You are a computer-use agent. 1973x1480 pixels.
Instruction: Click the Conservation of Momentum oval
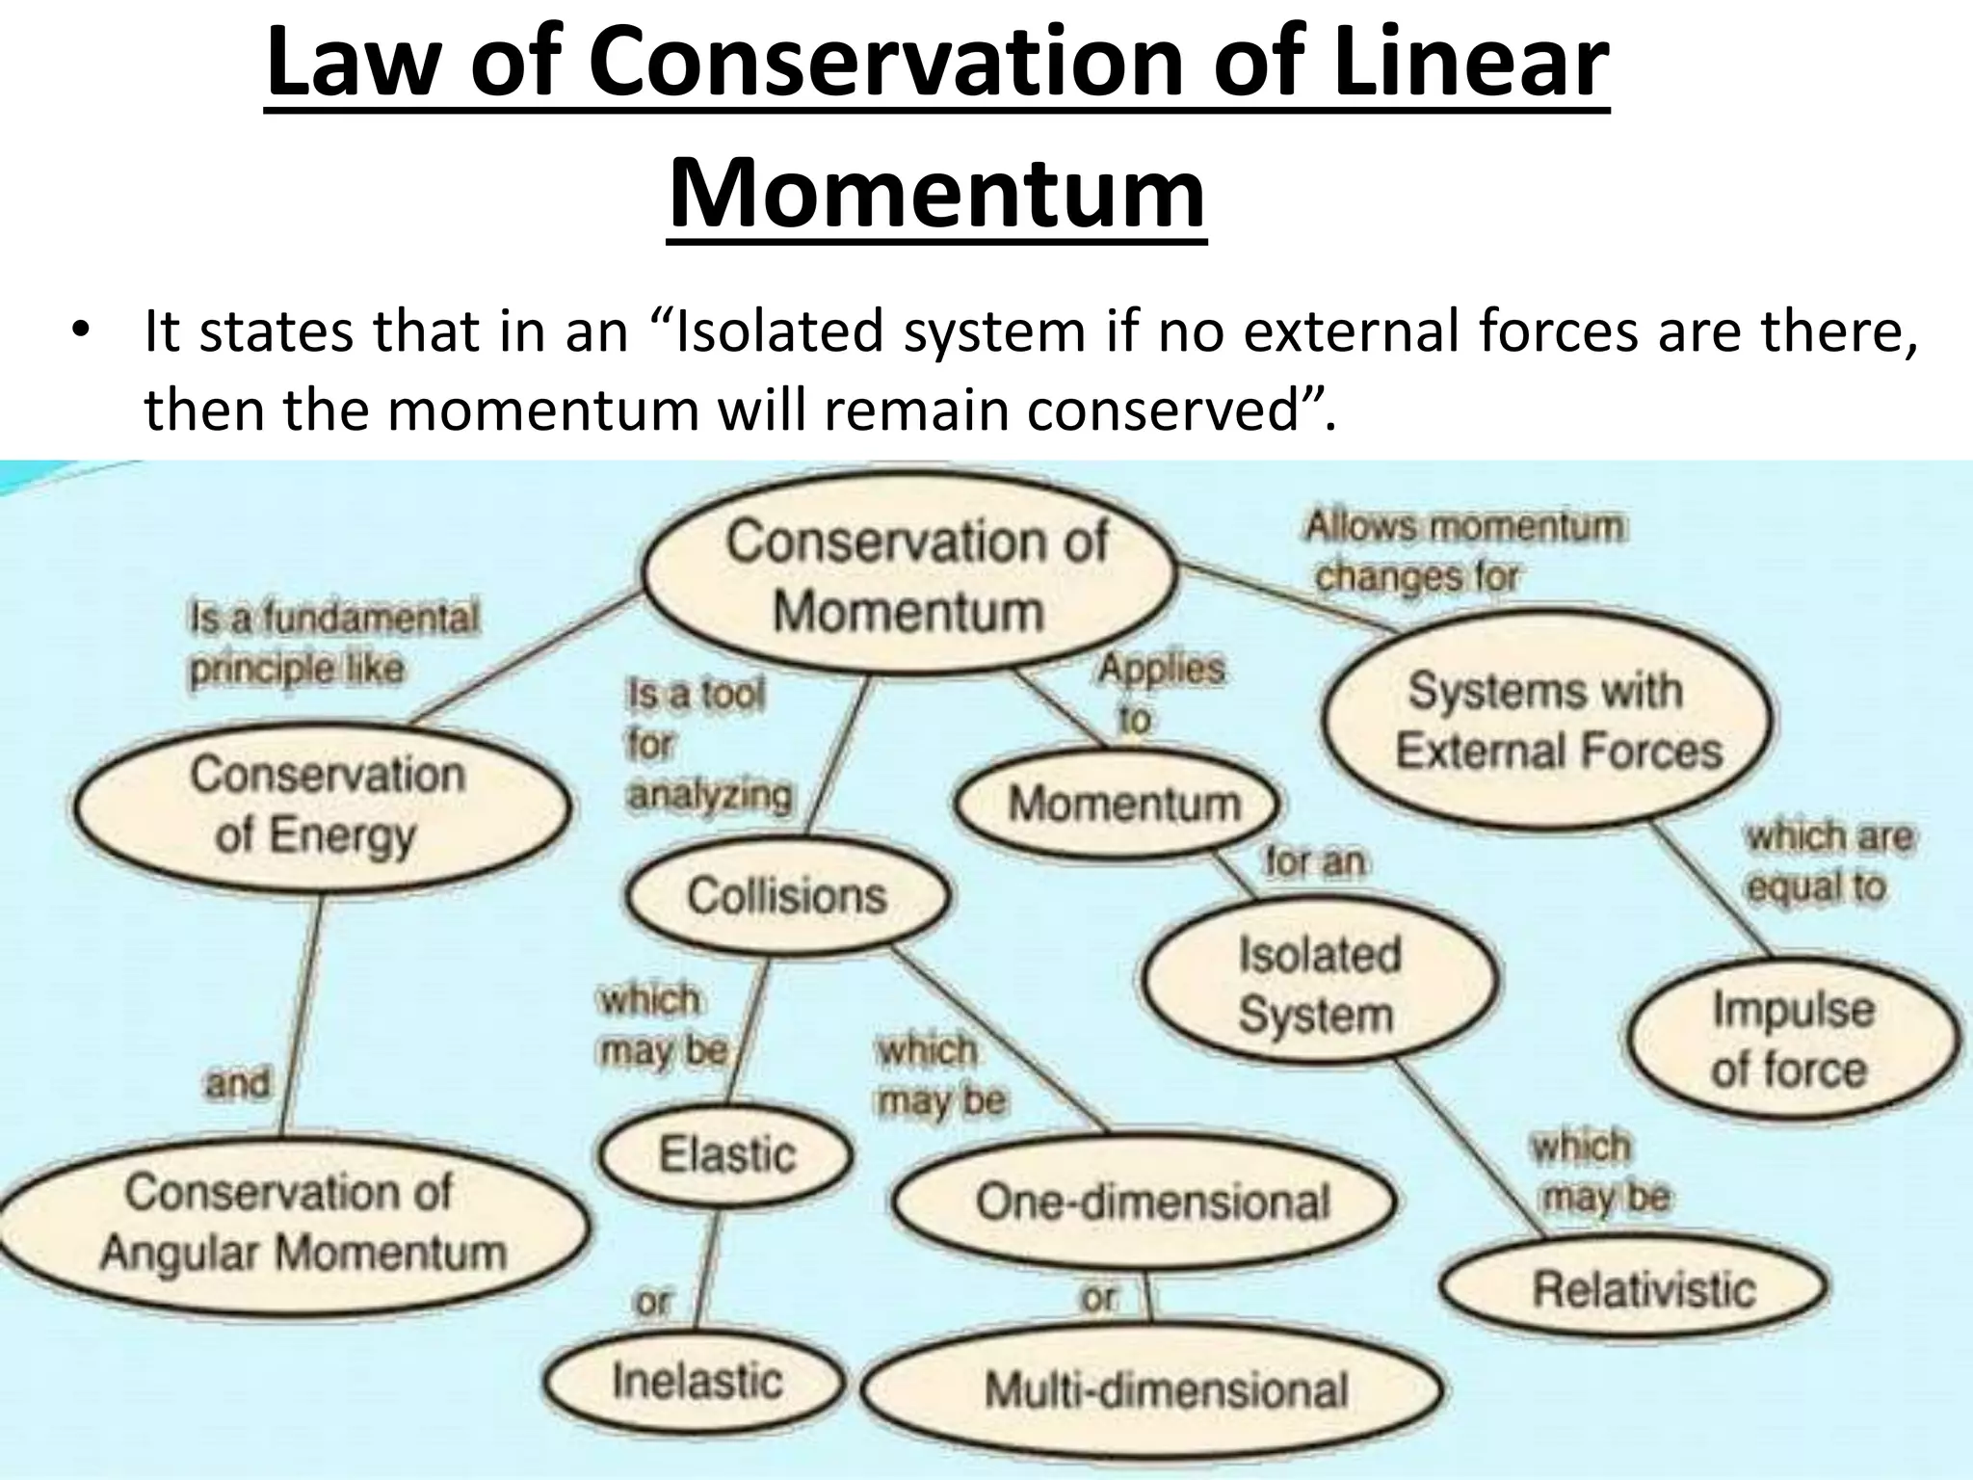click(x=910, y=575)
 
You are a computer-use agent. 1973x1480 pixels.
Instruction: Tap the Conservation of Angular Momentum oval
click(x=294, y=1223)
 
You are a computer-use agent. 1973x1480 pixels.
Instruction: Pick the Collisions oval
click(x=786, y=896)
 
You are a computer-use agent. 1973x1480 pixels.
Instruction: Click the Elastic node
click(x=727, y=1154)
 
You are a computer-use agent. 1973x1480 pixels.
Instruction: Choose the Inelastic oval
click(x=696, y=1381)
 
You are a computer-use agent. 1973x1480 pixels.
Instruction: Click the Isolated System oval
click(x=1318, y=983)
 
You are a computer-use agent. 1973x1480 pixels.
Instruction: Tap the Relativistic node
click(x=1638, y=1289)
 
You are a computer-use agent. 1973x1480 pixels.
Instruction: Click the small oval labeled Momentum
click(x=1121, y=804)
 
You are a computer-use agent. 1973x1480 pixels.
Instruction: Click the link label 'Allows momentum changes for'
click(x=1462, y=551)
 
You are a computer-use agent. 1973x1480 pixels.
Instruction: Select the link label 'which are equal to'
click(x=1827, y=860)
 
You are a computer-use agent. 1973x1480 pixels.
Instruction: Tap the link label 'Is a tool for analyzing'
click(x=708, y=744)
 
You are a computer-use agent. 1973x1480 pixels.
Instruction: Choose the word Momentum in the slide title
click(x=936, y=191)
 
